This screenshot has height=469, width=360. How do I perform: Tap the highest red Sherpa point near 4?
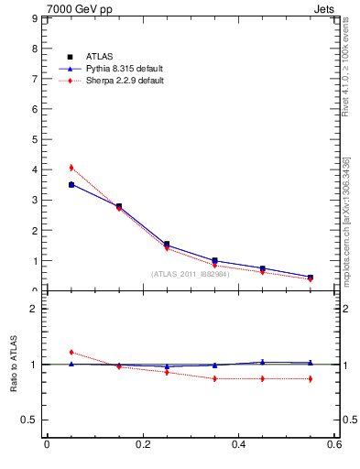71,168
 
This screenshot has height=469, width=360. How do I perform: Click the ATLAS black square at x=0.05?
71,185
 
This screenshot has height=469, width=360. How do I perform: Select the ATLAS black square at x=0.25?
167,245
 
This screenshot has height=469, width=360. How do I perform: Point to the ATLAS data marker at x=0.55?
311,278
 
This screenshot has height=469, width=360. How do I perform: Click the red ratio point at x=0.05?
71,352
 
